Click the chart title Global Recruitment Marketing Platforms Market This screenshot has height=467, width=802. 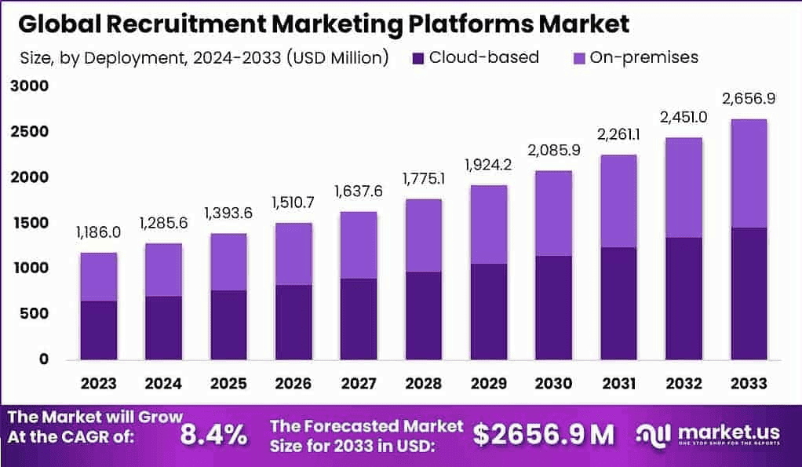(x=323, y=24)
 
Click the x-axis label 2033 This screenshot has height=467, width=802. (x=749, y=384)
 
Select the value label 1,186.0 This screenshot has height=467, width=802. (x=98, y=232)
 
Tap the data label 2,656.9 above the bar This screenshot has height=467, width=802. (x=748, y=99)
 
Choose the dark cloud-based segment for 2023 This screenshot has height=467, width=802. (x=99, y=330)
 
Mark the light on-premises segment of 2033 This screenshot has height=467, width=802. (x=749, y=173)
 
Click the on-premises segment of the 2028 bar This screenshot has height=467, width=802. (x=423, y=235)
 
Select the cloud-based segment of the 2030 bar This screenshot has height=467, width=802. (x=554, y=307)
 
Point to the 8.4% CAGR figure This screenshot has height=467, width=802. (x=213, y=434)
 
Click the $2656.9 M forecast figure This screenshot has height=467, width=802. (x=544, y=434)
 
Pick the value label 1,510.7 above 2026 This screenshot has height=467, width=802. (x=293, y=203)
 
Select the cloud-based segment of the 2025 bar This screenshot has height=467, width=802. (x=228, y=324)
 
